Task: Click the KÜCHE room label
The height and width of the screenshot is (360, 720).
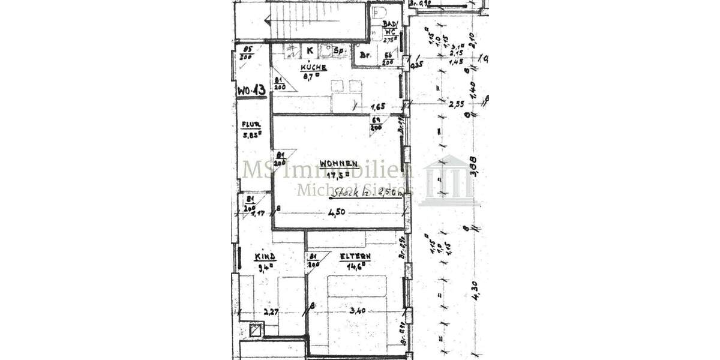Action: [x=314, y=68]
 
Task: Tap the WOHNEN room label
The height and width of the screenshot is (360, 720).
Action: [x=339, y=163]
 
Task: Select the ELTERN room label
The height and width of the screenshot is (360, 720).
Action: [x=355, y=256]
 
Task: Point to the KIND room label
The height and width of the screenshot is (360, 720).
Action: [x=265, y=256]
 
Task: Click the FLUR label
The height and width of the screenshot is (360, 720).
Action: [x=251, y=125]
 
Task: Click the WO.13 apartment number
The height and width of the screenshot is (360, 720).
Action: [x=251, y=90]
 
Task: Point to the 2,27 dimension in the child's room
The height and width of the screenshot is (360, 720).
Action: [x=272, y=311]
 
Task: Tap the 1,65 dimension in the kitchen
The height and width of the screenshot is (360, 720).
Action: [x=378, y=106]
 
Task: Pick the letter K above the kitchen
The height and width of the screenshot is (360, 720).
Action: [x=310, y=50]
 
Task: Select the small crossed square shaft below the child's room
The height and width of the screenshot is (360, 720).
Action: [x=256, y=329]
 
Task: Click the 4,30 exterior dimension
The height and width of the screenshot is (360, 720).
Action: [x=475, y=290]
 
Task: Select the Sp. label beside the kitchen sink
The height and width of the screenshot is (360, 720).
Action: [x=340, y=51]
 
